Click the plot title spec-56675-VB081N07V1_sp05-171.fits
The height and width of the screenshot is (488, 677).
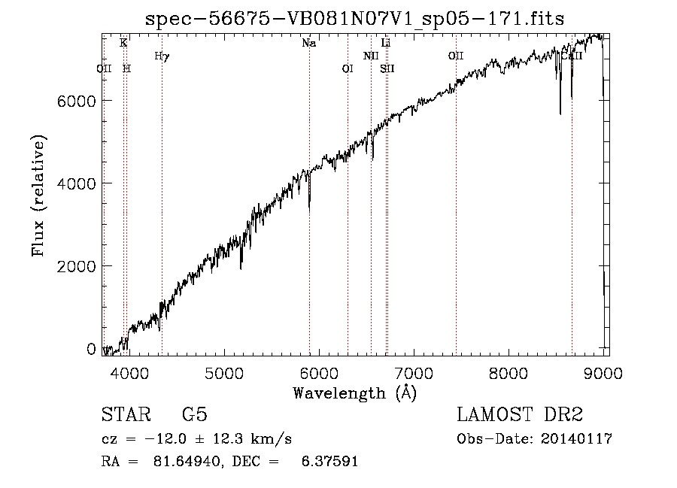[354, 19]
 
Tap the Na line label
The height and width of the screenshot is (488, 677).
[308, 43]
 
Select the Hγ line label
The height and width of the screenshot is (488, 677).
[162, 56]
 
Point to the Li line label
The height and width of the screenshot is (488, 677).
[386, 43]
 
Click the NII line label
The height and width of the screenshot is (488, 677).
[370, 56]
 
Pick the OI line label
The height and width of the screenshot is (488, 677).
[347, 69]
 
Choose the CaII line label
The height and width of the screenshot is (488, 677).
[572, 56]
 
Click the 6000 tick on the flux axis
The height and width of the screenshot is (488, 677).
[76, 102]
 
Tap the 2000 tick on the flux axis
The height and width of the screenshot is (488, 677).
[76, 267]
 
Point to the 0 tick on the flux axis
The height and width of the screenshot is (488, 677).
[91, 349]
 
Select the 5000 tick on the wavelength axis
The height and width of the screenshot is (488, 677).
[224, 374]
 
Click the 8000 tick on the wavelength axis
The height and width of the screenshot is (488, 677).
[509, 374]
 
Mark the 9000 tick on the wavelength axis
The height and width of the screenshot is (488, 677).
[603, 374]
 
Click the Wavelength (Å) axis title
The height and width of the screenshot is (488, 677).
[354, 393]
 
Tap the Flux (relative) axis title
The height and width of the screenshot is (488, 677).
[38, 196]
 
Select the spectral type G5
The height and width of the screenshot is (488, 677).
[195, 414]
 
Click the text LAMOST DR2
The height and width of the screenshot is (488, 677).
[520, 414]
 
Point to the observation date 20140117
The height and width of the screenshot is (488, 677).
[576, 439]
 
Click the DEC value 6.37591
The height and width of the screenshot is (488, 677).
[330, 461]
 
